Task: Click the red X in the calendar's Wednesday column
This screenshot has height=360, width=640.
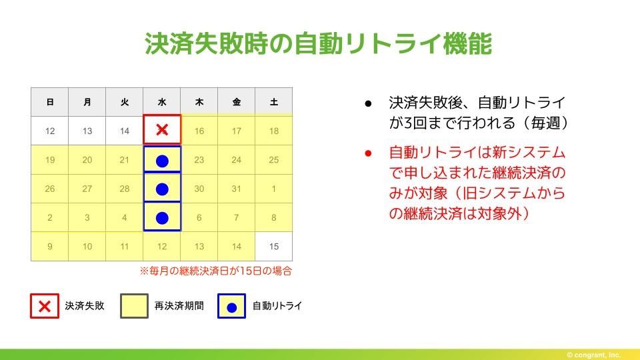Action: pyautogui.click(x=162, y=130)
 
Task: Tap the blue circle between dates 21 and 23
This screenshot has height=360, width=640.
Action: pyautogui.click(x=162, y=161)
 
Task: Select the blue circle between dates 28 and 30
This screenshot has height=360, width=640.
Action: pyautogui.click(x=162, y=189)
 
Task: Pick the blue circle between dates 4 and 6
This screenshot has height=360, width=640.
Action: pyautogui.click(x=162, y=218)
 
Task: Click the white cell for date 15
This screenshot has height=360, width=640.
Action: pyautogui.click(x=274, y=246)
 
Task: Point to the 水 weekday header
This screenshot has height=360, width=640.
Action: pyautogui.click(x=162, y=102)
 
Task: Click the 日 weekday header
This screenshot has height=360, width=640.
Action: pyautogui.click(x=50, y=102)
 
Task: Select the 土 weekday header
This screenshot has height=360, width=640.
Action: pyautogui.click(x=274, y=102)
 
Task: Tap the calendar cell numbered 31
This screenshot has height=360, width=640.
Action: pyautogui.click(x=236, y=189)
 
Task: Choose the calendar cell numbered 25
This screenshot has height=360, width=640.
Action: pyautogui.click(x=274, y=159)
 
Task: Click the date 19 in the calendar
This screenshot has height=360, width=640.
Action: pyautogui.click(x=50, y=159)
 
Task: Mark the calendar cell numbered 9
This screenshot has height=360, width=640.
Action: pyautogui.click(x=50, y=246)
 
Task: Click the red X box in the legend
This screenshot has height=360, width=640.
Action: pyautogui.click(x=45, y=306)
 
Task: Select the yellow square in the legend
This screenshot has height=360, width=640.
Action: pyautogui.click(x=134, y=306)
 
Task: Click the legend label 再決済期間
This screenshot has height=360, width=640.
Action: pyautogui.click(x=179, y=306)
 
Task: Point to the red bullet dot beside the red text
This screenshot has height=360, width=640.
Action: pyautogui.click(x=368, y=153)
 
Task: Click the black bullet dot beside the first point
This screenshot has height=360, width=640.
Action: pyautogui.click(x=368, y=104)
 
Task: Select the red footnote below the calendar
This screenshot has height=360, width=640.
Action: pyautogui.click(x=216, y=271)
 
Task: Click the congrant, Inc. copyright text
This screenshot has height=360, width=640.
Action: pyautogui.click(x=593, y=355)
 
